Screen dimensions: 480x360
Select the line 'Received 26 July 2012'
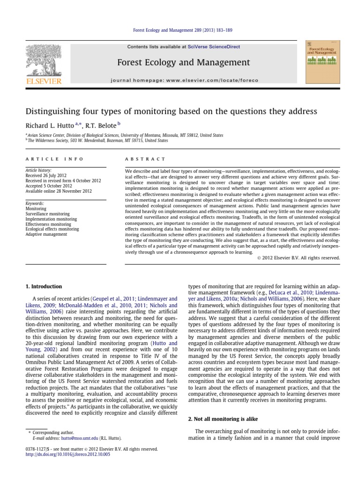[45, 176]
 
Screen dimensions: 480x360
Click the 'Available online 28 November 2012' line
[57, 191]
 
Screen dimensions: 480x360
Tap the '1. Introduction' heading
[43, 286]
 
